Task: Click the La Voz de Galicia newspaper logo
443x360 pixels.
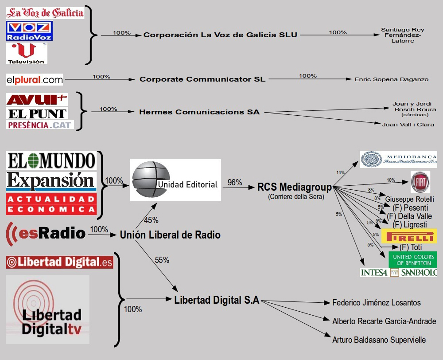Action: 45,12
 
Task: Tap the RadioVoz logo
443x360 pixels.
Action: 29,31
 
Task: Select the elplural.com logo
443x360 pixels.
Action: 35,80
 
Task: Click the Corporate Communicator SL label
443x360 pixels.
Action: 202,79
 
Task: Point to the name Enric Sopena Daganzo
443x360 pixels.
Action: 391,79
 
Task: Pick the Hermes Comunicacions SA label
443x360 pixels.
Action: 199,112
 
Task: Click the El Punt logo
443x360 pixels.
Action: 37,113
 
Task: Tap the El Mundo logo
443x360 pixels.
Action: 51,160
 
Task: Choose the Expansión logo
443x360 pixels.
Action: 51,181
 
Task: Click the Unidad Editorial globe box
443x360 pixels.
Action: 175,180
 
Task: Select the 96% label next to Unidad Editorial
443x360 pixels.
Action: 235,183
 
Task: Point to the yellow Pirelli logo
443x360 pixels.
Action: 409,236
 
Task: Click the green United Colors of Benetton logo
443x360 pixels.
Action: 412,260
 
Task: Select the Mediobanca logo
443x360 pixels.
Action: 398,159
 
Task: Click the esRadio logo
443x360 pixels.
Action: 46,233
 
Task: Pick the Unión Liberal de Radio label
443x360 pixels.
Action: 170,235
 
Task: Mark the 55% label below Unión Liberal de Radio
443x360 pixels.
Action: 162,260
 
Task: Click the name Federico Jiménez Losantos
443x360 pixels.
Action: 377,303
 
